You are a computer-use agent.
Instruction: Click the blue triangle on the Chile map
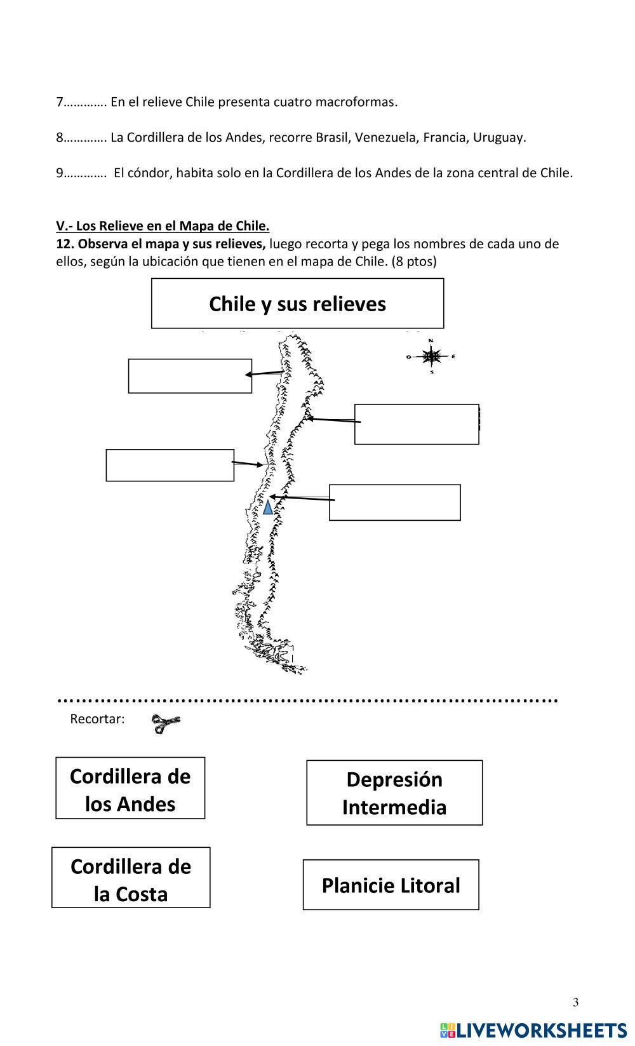point(267,507)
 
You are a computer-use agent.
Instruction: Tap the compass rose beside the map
point(431,357)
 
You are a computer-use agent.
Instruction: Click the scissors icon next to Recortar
point(166,723)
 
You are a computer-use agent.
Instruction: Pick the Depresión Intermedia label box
point(394,793)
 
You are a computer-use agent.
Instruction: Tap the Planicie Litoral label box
point(391,885)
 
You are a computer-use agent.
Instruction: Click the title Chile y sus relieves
point(297,304)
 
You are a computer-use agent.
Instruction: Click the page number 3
point(576,1002)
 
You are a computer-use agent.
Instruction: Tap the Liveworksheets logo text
point(533,1030)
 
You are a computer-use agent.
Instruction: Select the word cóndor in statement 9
point(149,173)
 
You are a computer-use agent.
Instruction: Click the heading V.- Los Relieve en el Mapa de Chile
point(163,226)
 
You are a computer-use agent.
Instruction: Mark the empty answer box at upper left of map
point(190,376)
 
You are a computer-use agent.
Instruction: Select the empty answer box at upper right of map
point(417,424)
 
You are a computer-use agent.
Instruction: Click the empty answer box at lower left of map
point(170,465)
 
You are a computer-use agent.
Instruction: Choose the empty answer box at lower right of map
point(394,502)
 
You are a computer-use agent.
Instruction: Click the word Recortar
point(97,719)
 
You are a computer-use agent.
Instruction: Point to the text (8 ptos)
point(414,262)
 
